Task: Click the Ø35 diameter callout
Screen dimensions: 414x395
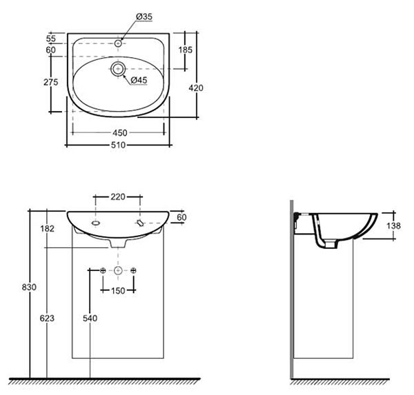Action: (144, 17)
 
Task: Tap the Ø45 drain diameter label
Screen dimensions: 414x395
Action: (139, 80)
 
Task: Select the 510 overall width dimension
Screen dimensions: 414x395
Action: (118, 145)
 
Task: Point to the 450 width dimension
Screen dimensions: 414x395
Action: (120, 133)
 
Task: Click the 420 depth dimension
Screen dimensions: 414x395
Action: (196, 88)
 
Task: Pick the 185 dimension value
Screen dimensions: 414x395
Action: (186, 50)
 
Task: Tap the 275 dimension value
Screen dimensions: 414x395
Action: (50, 82)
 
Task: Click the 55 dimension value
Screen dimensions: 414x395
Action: (51, 39)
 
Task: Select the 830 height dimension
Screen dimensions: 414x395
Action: (29, 287)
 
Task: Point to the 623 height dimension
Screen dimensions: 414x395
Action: (47, 318)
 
